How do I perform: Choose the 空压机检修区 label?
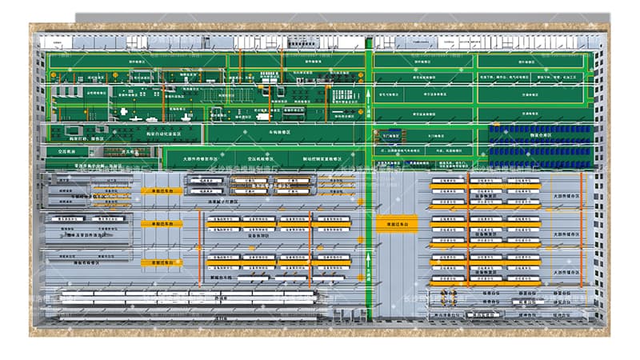coord(267,158)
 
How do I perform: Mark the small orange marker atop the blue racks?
coord(496,126)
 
